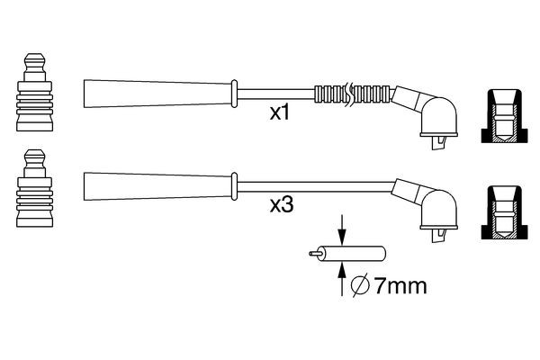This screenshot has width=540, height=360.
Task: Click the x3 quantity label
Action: [x=282, y=205]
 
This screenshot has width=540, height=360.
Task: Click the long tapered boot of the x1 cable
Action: [x=158, y=93]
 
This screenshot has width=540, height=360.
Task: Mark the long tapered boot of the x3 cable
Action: [x=158, y=184]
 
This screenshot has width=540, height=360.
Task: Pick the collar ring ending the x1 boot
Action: [x=236, y=93]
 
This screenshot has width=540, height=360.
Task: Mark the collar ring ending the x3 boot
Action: [x=236, y=184]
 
